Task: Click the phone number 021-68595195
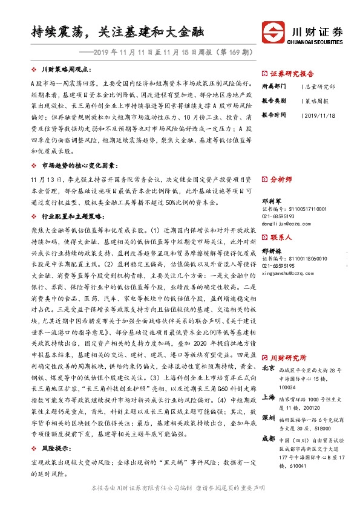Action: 281,265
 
